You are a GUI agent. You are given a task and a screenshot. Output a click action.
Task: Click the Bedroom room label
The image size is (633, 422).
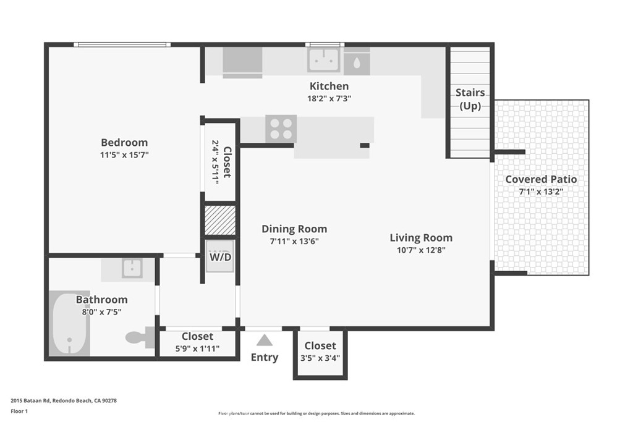point(124,143)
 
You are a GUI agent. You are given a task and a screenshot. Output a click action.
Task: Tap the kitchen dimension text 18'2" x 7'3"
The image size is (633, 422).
point(329,98)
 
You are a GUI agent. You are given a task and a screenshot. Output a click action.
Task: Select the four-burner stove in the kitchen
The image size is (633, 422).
point(281,129)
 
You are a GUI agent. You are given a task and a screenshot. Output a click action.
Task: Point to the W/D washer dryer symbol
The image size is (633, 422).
point(220,256)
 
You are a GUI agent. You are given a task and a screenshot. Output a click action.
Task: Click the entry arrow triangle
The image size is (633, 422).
point(265,340)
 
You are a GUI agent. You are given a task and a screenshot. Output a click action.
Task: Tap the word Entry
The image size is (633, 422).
point(265,357)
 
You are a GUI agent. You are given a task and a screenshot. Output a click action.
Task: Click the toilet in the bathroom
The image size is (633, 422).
point(139,337)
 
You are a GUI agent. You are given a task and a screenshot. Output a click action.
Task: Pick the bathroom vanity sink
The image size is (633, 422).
point(131,268)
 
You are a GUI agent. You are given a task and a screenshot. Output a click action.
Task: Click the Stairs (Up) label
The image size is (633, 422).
point(470,99)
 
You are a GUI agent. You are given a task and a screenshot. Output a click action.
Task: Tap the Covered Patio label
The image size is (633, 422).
point(541,179)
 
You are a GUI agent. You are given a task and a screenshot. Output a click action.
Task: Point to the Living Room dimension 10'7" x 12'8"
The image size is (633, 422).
point(420,250)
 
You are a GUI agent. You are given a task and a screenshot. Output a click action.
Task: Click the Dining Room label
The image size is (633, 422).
point(294,229)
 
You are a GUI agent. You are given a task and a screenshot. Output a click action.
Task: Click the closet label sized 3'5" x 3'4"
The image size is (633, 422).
point(320,345)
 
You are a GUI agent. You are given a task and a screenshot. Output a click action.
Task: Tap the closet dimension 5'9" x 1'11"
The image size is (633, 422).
point(197,348)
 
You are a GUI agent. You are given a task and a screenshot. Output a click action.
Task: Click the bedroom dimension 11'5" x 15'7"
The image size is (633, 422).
point(124,155)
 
